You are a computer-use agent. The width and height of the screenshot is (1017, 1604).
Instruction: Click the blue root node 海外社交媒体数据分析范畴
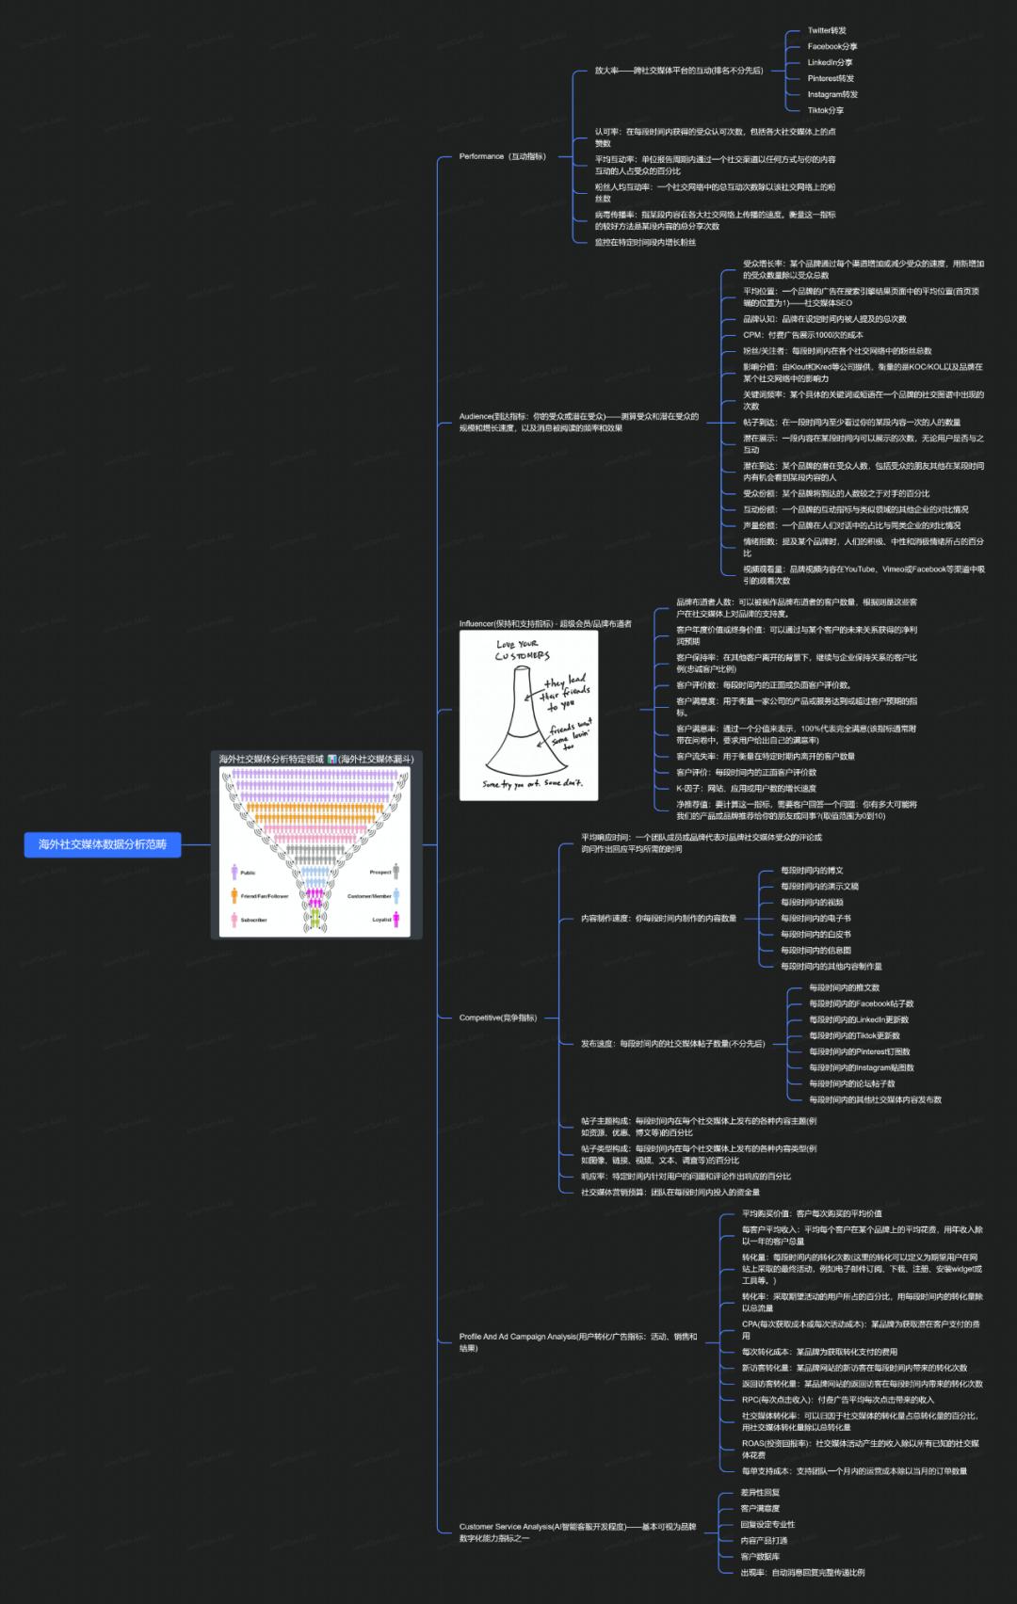click(102, 844)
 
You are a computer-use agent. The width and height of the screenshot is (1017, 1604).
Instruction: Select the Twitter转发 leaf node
click(826, 31)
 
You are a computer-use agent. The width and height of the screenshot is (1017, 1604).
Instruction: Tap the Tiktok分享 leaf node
click(825, 110)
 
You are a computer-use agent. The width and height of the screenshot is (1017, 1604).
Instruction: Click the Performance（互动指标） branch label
click(502, 156)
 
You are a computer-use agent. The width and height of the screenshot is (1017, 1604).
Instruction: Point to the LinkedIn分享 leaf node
click(830, 62)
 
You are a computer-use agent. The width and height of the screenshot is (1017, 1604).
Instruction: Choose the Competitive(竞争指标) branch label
click(497, 1018)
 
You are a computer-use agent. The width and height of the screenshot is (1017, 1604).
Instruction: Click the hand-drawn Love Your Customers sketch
click(528, 715)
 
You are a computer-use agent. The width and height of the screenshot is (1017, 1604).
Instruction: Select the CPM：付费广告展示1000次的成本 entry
click(802, 335)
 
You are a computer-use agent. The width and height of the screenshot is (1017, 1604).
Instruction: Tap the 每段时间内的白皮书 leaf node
click(815, 935)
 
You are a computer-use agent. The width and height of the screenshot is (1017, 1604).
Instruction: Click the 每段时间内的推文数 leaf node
click(844, 987)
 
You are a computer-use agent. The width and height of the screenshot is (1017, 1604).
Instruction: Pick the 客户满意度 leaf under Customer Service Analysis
click(760, 1508)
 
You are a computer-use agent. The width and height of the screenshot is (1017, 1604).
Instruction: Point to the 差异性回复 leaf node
click(760, 1492)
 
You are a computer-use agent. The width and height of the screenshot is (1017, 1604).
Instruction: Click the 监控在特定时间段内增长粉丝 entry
click(645, 243)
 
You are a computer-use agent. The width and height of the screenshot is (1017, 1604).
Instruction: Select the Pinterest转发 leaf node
click(831, 78)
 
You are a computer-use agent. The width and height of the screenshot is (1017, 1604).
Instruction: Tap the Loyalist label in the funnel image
click(381, 920)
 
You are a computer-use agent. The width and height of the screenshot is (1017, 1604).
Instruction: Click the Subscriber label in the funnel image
click(253, 920)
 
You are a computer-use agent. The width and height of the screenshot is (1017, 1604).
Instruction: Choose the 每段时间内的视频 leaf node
click(812, 903)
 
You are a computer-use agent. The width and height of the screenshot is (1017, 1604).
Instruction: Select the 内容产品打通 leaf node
click(764, 1541)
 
